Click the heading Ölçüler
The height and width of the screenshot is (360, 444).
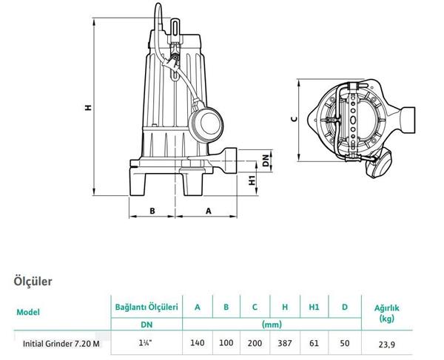coord(33,281)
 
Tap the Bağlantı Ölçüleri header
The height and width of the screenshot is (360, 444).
coord(146,307)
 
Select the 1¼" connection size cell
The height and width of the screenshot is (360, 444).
coord(146,344)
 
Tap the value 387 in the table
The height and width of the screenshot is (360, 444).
coord(284,344)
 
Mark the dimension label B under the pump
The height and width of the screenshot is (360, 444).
coord(152,210)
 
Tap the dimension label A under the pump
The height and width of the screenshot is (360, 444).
coord(208,210)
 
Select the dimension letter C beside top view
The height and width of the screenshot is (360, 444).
coord(293,118)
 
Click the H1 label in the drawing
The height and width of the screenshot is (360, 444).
coord(252,180)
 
